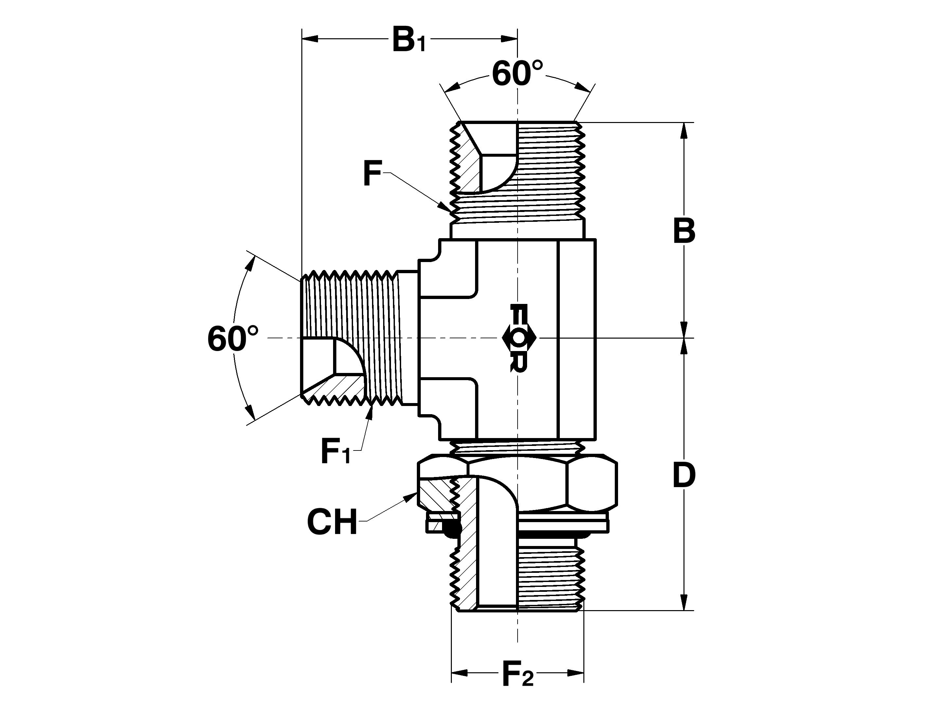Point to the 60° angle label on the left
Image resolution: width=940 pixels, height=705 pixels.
tap(232, 339)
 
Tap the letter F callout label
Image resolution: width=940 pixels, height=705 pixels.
tap(372, 173)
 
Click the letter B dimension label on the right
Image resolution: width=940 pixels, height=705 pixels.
tap(684, 232)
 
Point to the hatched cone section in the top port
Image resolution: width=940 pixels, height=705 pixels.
tap(470, 168)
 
